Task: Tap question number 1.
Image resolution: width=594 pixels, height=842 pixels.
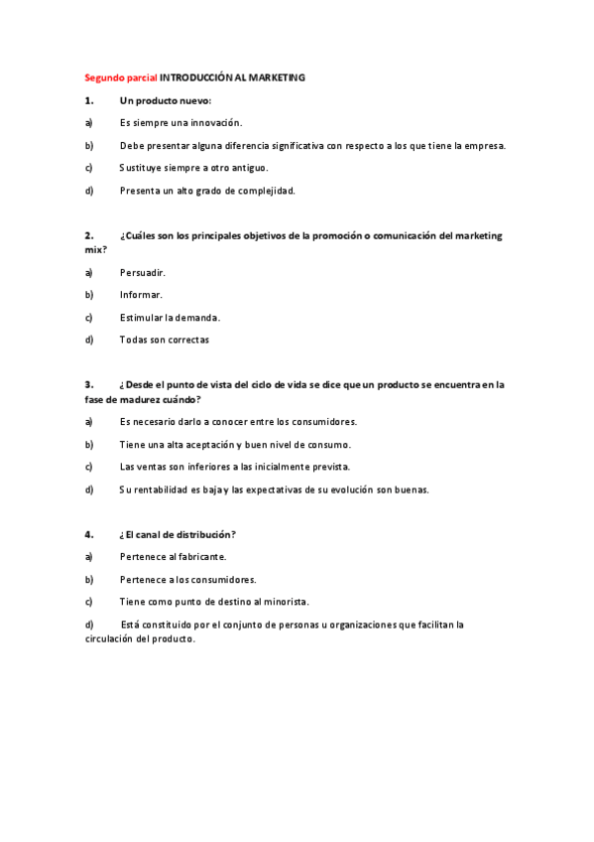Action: click(89, 100)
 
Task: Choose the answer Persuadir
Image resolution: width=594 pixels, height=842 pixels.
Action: click(142, 272)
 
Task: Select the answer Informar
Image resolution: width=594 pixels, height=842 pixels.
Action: click(141, 295)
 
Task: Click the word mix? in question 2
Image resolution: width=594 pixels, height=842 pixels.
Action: click(95, 249)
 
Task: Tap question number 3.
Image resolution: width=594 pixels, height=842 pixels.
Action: click(89, 384)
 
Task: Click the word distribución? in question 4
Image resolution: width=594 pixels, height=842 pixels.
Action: click(201, 534)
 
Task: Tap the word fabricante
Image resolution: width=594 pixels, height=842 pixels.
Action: click(200, 557)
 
